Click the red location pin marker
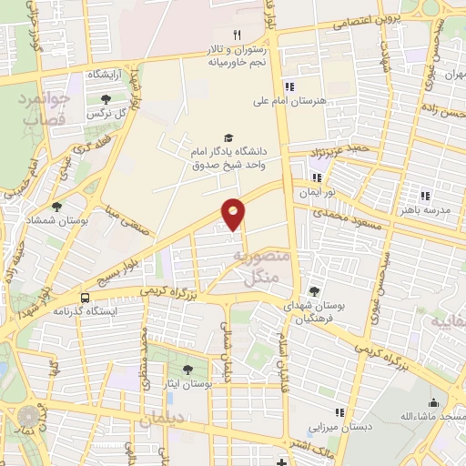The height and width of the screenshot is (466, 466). (x=234, y=213)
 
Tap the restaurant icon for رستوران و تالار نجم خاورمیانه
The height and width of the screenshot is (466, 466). (x=237, y=34)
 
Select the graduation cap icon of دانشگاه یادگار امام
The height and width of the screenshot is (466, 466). (x=228, y=137)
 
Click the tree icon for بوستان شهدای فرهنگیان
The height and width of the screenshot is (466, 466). (x=315, y=291)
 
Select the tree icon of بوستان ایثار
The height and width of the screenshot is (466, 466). (x=188, y=370)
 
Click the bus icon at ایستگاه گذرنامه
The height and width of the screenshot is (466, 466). (x=85, y=297)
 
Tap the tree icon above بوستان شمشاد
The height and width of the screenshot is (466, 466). (x=57, y=207)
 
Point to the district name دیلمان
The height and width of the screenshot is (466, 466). (x=161, y=420)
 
